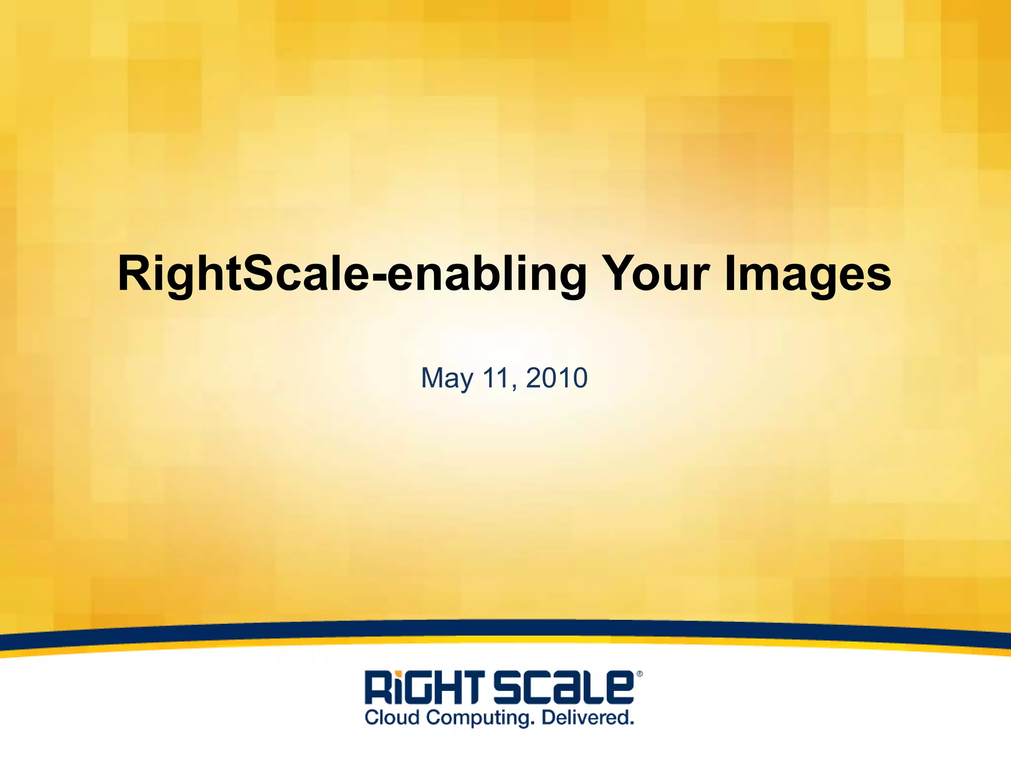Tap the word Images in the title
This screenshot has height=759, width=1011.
pyautogui.click(x=808, y=274)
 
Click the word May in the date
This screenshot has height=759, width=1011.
pyautogui.click(x=447, y=379)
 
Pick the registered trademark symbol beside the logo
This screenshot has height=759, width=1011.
pyautogui.click(x=639, y=674)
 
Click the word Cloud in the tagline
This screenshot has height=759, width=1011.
pyautogui.click(x=392, y=717)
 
